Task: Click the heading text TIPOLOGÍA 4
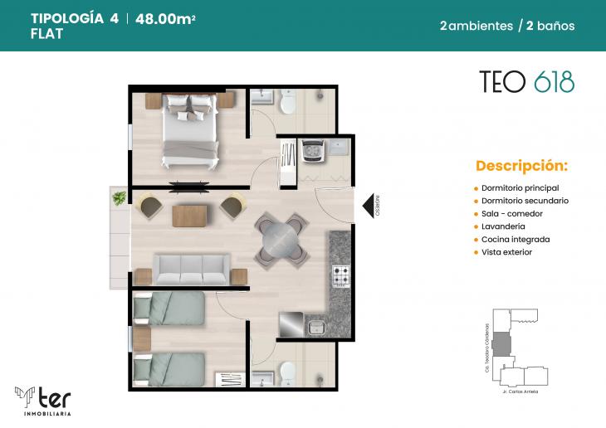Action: coord(74,19)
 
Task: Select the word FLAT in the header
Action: coord(46,35)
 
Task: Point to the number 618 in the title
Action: coord(554,81)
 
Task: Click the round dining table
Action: coord(279,239)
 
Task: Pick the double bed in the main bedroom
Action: coord(190,126)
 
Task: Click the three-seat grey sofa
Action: coord(192,269)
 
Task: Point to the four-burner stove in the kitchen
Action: coord(342,275)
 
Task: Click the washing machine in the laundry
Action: coord(315,152)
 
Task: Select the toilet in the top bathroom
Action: coord(288,103)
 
